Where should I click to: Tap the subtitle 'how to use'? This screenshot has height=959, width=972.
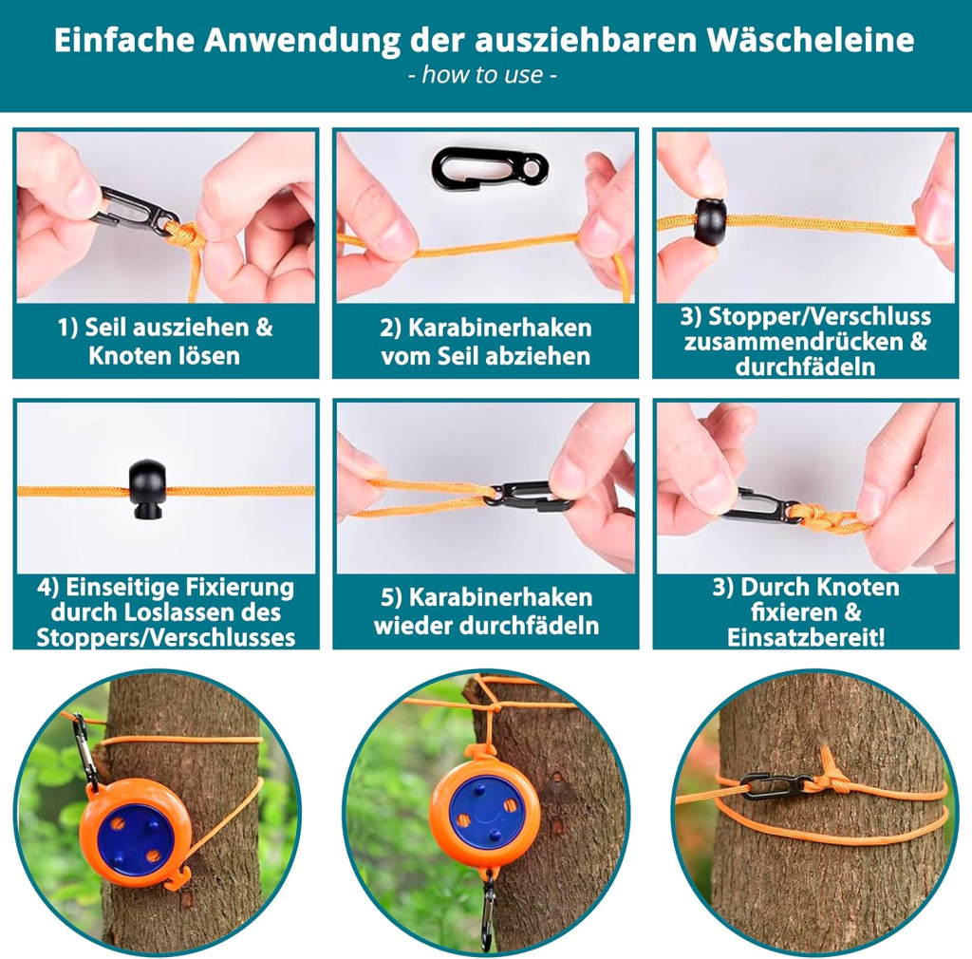pyautogui.click(x=482, y=74)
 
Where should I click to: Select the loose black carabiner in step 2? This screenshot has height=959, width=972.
pyautogui.click(x=490, y=165)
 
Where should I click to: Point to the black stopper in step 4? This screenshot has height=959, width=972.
pyautogui.click(x=147, y=490)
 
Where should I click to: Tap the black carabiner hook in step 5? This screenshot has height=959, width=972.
pyautogui.click(x=529, y=496)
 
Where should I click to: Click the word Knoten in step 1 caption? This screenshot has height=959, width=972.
pyautogui.click(x=126, y=356)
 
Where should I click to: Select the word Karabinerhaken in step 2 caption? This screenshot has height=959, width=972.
pyautogui.click(x=499, y=328)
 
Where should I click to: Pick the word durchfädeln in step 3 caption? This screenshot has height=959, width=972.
pyautogui.click(x=805, y=367)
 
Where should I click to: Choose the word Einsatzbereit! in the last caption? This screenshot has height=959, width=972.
pyautogui.click(x=806, y=637)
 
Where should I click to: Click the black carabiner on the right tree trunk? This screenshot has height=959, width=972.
pyautogui.click(x=776, y=787)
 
